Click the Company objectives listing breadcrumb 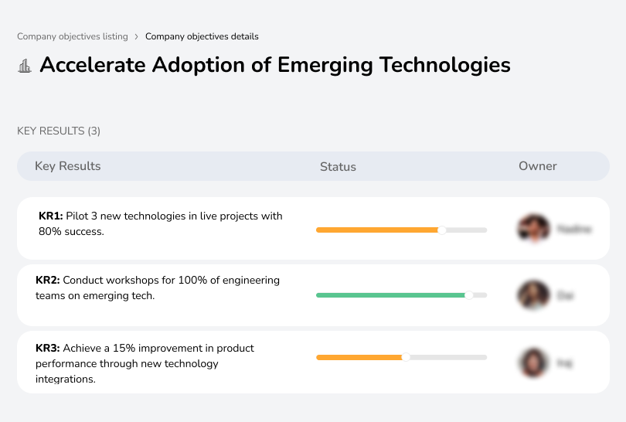tap(72, 36)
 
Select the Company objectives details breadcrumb tap(202, 36)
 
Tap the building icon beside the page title tap(25, 66)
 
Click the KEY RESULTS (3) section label tap(59, 131)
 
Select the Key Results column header tap(67, 166)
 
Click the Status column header tap(338, 167)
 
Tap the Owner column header tap(538, 166)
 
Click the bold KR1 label tap(51, 216)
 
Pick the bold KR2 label tap(48, 281)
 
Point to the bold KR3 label tap(48, 349)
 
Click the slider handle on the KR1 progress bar tap(442, 230)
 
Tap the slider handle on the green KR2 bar tap(468, 295)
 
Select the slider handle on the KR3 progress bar tap(406, 357)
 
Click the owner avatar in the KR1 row tap(533, 229)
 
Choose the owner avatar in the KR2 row tap(533, 295)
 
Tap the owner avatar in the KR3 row tap(533, 362)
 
